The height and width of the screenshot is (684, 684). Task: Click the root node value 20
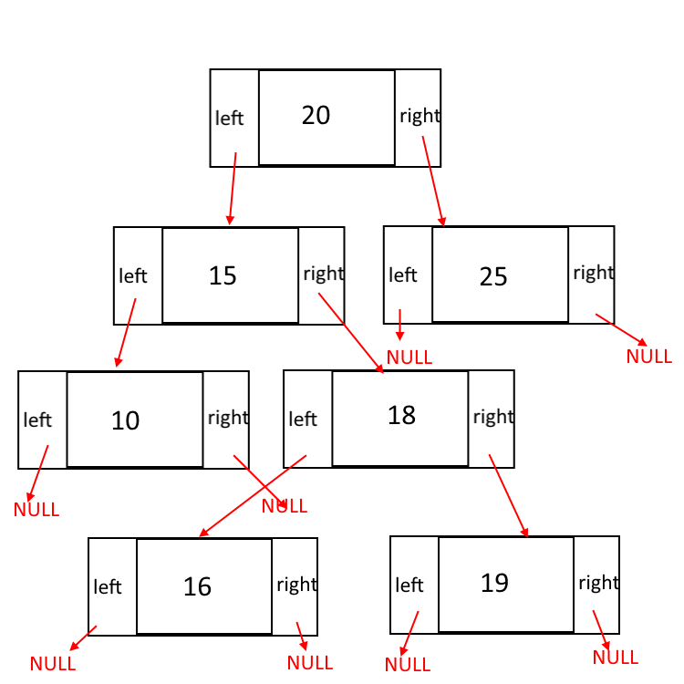tap(316, 116)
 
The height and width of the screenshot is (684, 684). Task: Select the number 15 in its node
tap(223, 275)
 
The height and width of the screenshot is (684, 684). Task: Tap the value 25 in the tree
tap(493, 276)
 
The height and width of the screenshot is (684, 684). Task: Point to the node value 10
tap(126, 420)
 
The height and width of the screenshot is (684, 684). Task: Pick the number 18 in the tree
tap(401, 415)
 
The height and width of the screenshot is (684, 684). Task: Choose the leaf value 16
tap(197, 586)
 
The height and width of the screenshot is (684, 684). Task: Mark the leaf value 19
tap(494, 583)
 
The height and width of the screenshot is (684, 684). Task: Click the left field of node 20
tap(230, 118)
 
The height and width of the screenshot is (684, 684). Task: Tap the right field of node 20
tap(420, 116)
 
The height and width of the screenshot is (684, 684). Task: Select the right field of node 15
tap(323, 274)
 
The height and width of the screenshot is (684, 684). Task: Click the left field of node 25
tap(403, 275)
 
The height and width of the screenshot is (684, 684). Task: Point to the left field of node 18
tap(303, 419)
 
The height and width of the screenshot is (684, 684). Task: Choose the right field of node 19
tap(598, 583)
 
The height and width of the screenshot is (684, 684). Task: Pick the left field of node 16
tap(108, 587)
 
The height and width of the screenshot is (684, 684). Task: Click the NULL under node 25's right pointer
tap(648, 357)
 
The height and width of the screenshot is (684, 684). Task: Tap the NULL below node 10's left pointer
tap(36, 510)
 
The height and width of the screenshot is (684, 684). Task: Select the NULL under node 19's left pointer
tap(407, 665)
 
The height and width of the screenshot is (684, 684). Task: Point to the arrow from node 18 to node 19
tap(509, 495)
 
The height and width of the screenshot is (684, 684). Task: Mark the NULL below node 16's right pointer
tap(310, 663)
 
